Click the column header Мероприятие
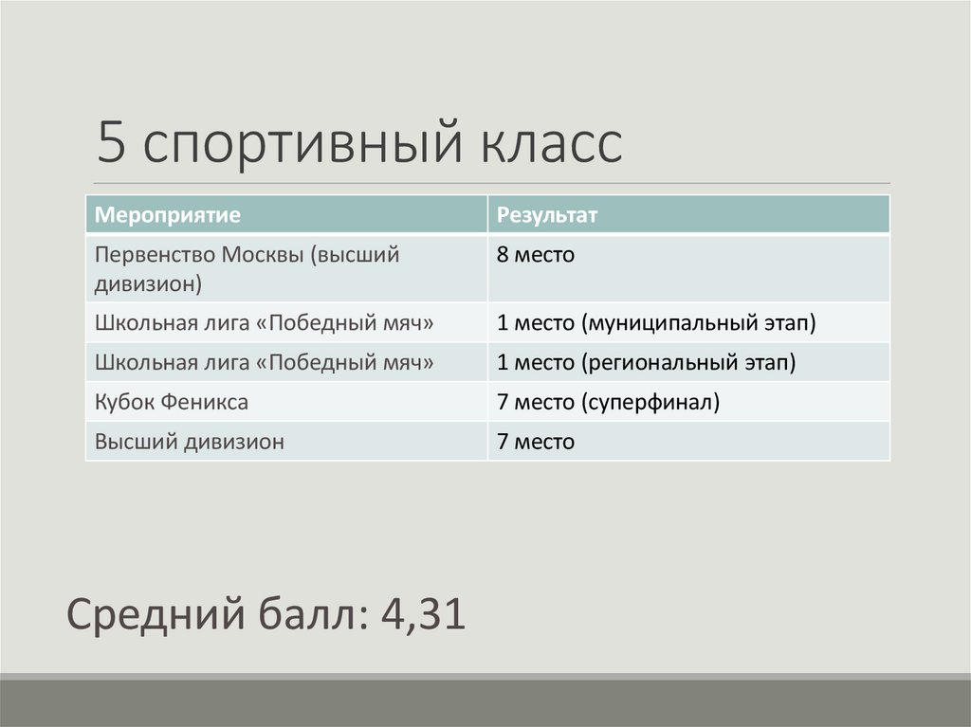click(x=167, y=215)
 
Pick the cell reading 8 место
click(x=536, y=255)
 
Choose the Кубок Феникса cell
click(x=172, y=402)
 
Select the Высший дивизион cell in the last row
click(x=189, y=442)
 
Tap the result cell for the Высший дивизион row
click(x=536, y=442)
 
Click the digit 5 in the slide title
click(x=111, y=144)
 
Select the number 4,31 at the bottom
click(x=423, y=615)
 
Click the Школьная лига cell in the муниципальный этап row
click(x=265, y=323)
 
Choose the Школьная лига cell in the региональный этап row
click(x=265, y=362)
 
